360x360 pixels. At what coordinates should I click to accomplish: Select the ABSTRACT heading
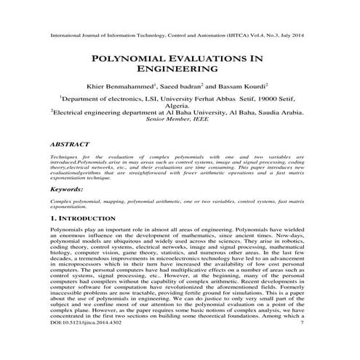(x=71, y=145)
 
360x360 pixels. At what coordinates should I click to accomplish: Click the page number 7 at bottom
(x=301, y=353)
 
